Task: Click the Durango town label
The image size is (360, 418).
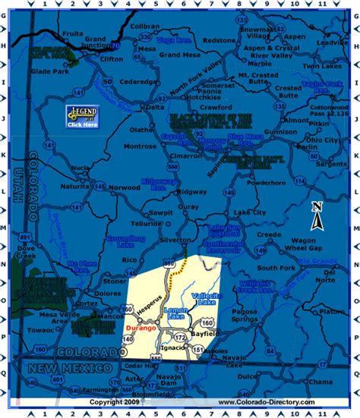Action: point(141,328)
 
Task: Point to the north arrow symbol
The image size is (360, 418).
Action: point(318,215)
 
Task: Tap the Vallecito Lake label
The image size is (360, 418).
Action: point(185,300)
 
